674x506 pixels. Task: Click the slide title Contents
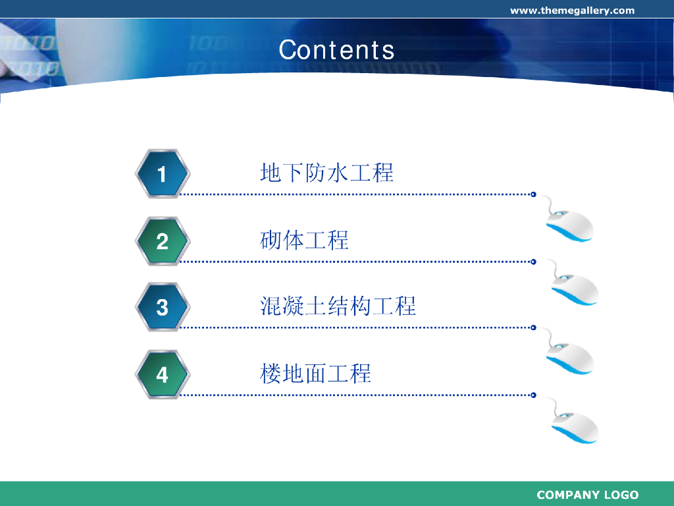(x=336, y=50)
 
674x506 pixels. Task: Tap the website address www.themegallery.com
(x=572, y=11)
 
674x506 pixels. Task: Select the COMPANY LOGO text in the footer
(x=588, y=495)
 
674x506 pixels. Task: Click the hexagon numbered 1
(x=162, y=174)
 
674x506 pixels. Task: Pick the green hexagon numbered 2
(x=162, y=241)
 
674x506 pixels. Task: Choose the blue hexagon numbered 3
(x=162, y=307)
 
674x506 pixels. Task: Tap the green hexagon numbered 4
(x=162, y=375)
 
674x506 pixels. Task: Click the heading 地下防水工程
(x=326, y=173)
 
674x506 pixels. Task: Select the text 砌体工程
(x=304, y=240)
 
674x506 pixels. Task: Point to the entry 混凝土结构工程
(x=338, y=306)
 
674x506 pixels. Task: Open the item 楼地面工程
(x=315, y=374)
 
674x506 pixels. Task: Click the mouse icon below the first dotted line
(x=568, y=220)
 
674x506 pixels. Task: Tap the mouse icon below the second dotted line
(x=573, y=284)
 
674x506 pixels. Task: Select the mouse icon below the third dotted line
(x=568, y=353)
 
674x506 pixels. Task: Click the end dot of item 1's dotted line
(x=533, y=194)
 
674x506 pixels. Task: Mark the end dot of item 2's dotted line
(x=533, y=262)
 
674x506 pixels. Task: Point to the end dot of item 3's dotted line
(x=533, y=327)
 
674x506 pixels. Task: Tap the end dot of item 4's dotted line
(x=533, y=395)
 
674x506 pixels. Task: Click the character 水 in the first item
(x=338, y=173)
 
